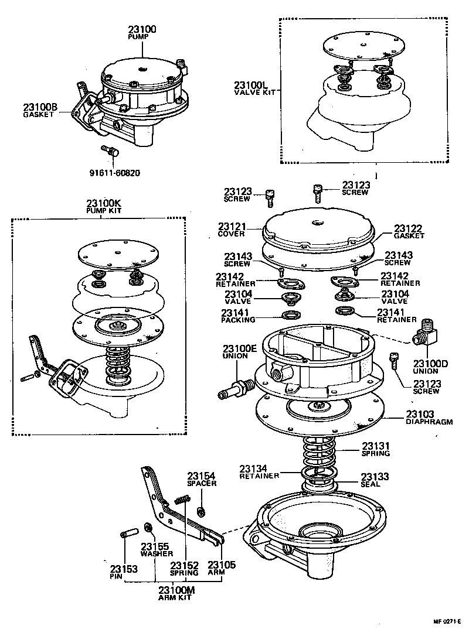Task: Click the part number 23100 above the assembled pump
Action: coord(142,29)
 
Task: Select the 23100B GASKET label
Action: coord(40,110)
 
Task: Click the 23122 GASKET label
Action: coord(408,231)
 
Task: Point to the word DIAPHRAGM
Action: coord(429,421)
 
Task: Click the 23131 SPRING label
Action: coord(375,449)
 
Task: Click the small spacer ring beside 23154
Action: coord(201,512)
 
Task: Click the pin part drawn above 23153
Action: coord(127,535)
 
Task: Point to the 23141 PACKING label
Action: coord(238,316)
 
